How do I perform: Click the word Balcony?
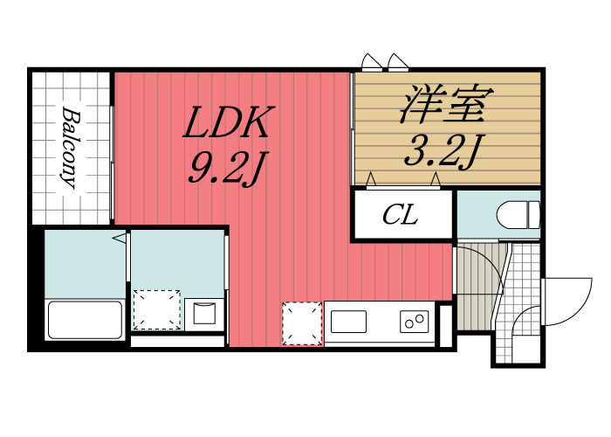coord(71,148)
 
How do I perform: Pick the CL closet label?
coord(401,215)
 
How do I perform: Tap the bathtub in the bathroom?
coord(85,319)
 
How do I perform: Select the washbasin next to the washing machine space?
coord(204,313)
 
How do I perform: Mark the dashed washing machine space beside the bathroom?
coord(155,309)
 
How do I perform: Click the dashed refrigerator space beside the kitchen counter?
coord(302,323)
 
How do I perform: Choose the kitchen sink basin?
coord(348,321)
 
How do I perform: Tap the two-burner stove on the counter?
coord(415,321)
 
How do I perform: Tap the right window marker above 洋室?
coord(399,61)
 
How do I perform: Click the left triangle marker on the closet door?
coord(371,180)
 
